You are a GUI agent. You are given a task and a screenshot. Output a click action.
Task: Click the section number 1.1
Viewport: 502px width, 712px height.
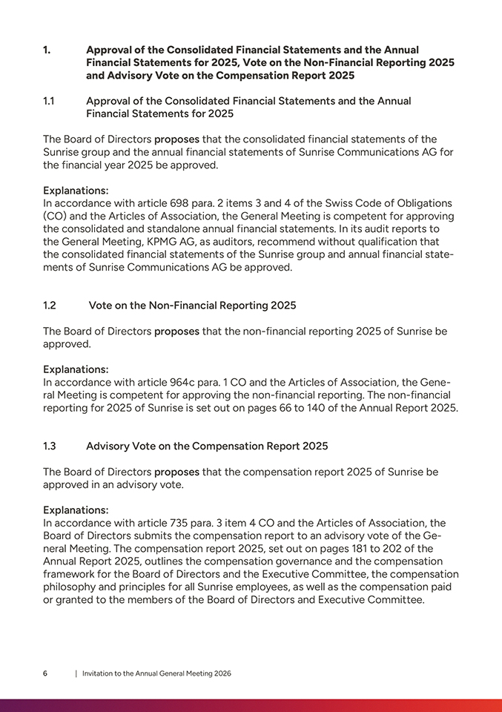click(49, 101)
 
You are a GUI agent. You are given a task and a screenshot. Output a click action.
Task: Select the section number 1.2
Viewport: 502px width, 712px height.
click(50, 305)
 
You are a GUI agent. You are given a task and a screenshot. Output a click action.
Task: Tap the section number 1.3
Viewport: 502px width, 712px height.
click(50, 446)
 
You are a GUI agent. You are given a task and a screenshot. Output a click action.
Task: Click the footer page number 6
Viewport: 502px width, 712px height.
click(45, 673)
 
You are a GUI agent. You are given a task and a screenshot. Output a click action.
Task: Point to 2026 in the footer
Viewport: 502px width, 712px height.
click(221, 673)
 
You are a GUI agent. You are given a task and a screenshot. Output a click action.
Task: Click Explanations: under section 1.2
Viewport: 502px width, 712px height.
click(76, 369)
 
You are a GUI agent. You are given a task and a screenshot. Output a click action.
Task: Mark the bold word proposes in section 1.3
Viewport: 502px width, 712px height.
click(176, 472)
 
